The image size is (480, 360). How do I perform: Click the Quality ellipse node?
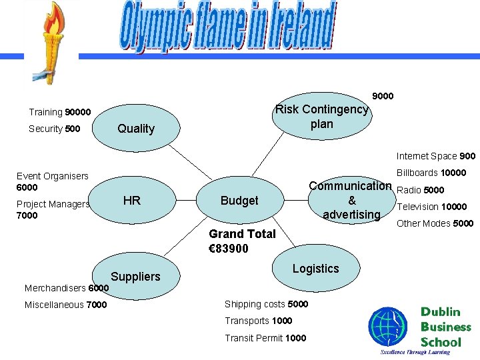pos(135,129)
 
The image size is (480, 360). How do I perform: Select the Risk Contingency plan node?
pos(322,117)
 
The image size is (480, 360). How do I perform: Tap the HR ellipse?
pos(132,200)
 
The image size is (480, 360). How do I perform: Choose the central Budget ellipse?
pos(239,201)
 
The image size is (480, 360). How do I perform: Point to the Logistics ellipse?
pos(315,269)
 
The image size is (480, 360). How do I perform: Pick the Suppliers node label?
pos(135,277)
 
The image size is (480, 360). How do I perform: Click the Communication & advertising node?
pos(351,200)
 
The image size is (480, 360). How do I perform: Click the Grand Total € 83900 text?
pos(241,241)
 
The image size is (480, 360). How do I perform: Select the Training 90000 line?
pos(60,112)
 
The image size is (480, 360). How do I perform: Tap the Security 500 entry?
pos(55,129)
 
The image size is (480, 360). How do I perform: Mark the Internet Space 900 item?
pos(436,156)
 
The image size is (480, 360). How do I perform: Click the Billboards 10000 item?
pos(431,173)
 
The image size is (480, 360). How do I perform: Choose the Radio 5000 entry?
pos(420,190)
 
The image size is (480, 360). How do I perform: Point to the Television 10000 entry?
pos(432,207)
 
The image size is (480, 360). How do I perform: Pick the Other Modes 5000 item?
pos(435,223)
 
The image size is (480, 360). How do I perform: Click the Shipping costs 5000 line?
pos(266,304)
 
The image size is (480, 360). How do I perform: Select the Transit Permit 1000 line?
pos(265,338)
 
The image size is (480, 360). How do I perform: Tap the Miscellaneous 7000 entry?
pos(65,305)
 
